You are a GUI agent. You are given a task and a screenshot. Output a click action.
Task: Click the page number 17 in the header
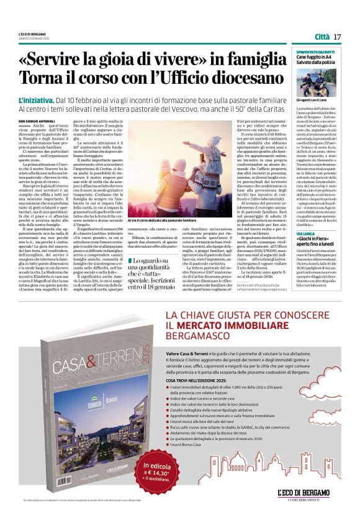[x=337, y=37]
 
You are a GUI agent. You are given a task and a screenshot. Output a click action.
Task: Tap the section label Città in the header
[x=322, y=37]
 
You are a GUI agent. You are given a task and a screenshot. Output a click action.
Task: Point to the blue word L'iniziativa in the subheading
[x=36, y=100]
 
